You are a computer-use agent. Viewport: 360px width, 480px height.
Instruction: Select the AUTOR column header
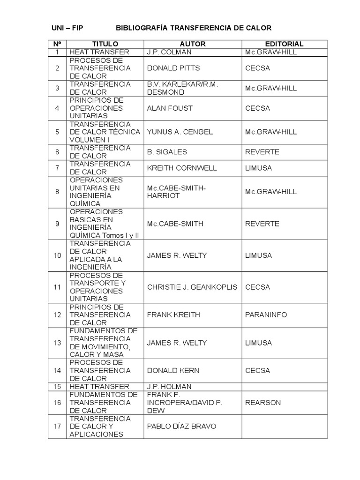pyautogui.click(x=193, y=44)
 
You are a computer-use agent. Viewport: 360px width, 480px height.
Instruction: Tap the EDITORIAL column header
pyautogui.click(x=284, y=44)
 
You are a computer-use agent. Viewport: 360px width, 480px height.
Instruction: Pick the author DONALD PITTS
pyautogui.click(x=173, y=68)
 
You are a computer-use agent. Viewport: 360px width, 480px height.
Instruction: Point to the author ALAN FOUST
pyautogui.click(x=170, y=108)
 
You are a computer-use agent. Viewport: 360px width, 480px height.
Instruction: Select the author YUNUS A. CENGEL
pyautogui.click(x=180, y=132)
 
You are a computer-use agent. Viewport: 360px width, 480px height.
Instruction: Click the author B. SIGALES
pyautogui.click(x=166, y=152)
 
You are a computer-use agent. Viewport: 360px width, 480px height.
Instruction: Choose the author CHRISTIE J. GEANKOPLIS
pyautogui.click(x=192, y=287)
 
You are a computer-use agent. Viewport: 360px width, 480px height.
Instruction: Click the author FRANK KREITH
pyautogui.click(x=173, y=315)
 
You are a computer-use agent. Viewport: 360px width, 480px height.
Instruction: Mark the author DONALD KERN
pyautogui.click(x=173, y=370)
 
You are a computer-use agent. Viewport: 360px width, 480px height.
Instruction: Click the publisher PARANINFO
pyautogui.click(x=266, y=315)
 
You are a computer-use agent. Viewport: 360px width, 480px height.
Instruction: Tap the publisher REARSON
pyautogui.click(x=263, y=402)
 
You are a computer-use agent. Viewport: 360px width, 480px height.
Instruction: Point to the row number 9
pyautogui.click(x=57, y=224)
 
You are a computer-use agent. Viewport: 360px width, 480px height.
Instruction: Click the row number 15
pyautogui.click(x=57, y=387)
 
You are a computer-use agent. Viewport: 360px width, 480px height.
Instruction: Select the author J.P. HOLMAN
pyautogui.click(x=169, y=387)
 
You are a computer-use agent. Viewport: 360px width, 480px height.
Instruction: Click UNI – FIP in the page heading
pyautogui.click(x=67, y=28)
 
